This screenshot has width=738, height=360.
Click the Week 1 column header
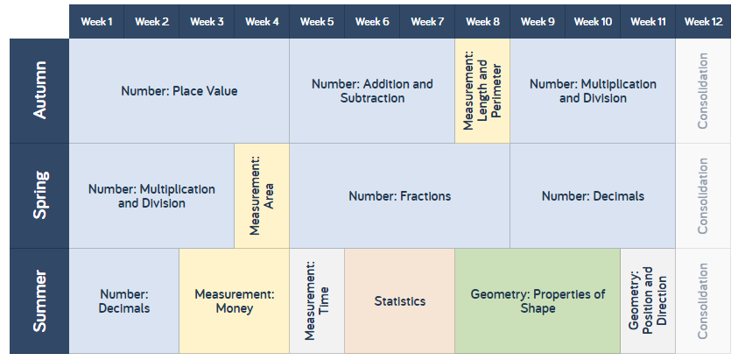click(x=96, y=22)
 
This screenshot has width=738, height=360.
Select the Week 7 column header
click(x=427, y=22)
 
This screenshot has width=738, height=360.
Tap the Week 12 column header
click(x=703, y=22)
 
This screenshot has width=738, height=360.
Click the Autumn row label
click(x=39, y=91)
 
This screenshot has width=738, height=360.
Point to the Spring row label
click(x=39, y=195)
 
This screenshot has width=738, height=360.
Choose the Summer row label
click(x=39, y=300)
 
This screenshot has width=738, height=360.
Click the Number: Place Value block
click(x=179, y=91)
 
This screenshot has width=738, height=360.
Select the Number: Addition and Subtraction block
click(x=372, y=91)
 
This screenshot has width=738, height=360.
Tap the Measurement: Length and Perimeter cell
click(x=482, y=91)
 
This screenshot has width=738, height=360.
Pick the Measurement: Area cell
click(x=262, y=195)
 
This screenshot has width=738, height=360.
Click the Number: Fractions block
click(x=399, y=195)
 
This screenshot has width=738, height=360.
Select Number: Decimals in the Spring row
click(x=593, y=195)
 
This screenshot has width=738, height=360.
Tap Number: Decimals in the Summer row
click(x=124, y=301)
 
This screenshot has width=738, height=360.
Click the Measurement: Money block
click(x=235, y=301)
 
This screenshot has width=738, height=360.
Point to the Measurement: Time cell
click(x=317, y=301)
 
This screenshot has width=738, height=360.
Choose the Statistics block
click(x=399, y=301)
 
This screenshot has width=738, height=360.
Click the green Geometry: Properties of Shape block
click(x=538, y=301)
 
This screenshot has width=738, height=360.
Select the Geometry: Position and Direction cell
click(x=648, y=301)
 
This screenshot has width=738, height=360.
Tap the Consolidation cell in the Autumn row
click(x=703, y=91)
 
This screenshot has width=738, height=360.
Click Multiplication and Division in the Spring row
click(x=151, y=195)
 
